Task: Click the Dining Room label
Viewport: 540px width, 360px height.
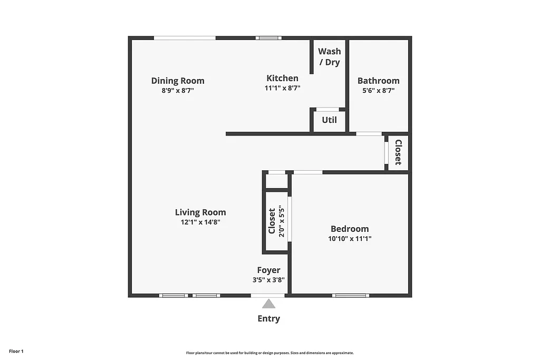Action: click(x=178, y=81)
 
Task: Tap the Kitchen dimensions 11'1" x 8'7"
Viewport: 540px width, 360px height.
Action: click(x=282, y=89)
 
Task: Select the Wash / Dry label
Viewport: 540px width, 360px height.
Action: click(x=329, y=56)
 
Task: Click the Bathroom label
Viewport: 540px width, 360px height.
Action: click(x=378, y=81)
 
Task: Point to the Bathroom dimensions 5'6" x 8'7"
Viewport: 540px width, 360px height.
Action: click(x=378, y=90)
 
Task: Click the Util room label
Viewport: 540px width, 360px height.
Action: click(x=329, y=120)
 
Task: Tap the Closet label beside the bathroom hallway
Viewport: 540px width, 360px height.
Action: click(x=398, y=152)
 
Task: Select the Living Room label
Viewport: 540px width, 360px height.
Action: click(x=200, y=212)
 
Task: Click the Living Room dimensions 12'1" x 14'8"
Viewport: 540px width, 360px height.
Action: click(x=200, y=222)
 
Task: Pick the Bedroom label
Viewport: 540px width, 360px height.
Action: click(x=350, y=229)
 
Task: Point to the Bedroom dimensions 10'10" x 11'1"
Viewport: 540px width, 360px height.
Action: click(x=350, y=238)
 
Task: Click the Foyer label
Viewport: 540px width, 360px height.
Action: click(x=269, y=270)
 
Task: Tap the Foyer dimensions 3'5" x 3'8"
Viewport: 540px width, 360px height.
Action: click(x=269, y=280)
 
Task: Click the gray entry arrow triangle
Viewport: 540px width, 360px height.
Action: click(x=269, y=304)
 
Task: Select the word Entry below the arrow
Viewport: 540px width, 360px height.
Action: click(x=269, y=318)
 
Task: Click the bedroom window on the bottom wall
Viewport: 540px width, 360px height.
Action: click(x=351, y=295)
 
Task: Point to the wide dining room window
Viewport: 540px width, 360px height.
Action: click(x=185, y=38)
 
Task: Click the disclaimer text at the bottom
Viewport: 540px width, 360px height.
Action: click(x=269, y=353)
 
